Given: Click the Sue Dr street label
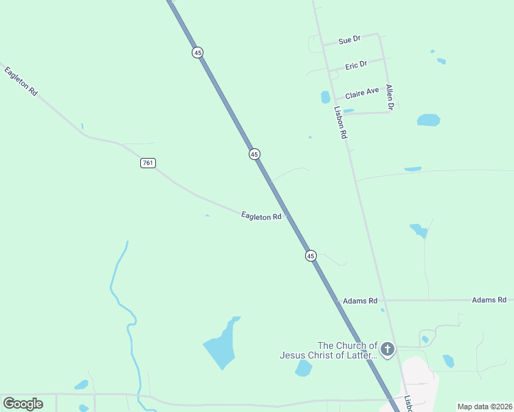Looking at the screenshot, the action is pos(349,41).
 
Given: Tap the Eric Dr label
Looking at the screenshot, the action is pos(356,65).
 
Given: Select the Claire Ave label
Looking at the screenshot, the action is pos(362,91).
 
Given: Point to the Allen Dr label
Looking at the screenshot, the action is pos(390,98).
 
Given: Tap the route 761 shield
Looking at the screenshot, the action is pos(148,163).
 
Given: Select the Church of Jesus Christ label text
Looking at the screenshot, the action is pos(328,350).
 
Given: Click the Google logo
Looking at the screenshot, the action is pos(23,404).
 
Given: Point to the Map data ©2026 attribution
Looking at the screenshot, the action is pos(484,407).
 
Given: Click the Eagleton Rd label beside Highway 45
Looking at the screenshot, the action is pos(262,216).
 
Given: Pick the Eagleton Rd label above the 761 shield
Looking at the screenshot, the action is pos(21,80).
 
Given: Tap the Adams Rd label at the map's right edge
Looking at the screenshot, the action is pos(489,300).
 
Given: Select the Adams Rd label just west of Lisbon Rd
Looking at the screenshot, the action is pos(360,301).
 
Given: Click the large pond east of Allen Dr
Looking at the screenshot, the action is pos(428,120).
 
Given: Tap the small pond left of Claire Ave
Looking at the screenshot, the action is pos(326,97).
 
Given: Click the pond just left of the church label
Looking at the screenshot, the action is pos(303,369).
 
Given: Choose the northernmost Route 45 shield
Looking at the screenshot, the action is pos(198,53).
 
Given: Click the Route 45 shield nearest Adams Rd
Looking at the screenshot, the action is pos(311,255).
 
